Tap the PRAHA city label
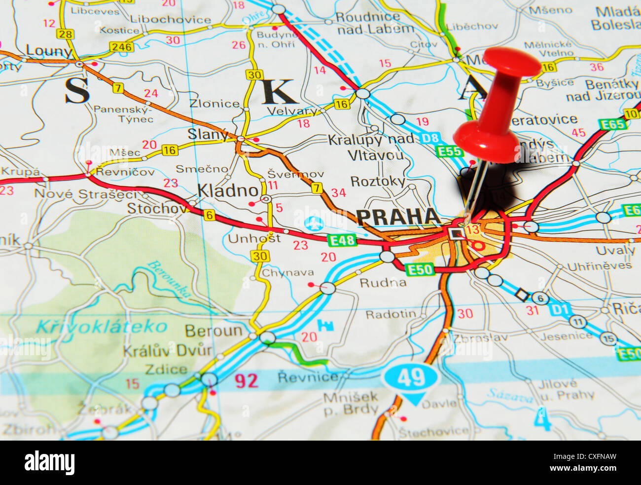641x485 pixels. click(398, 217)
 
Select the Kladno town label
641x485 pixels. click(228, 190)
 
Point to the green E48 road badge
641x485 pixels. click(342, 240)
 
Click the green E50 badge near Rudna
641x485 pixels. click(420, 269)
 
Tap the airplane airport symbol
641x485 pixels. click(314, 223)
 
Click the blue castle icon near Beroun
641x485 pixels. click(325, 325)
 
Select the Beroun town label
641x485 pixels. click(214, 330)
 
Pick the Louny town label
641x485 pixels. click(49, 51)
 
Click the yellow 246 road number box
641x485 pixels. click(121, 47)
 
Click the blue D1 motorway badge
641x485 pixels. click(560, 309)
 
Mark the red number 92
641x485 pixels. click(246, 380)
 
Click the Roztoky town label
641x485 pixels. click(377, 181)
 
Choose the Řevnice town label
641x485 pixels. click(308, 377)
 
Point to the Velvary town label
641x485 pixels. click(292, 111)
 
